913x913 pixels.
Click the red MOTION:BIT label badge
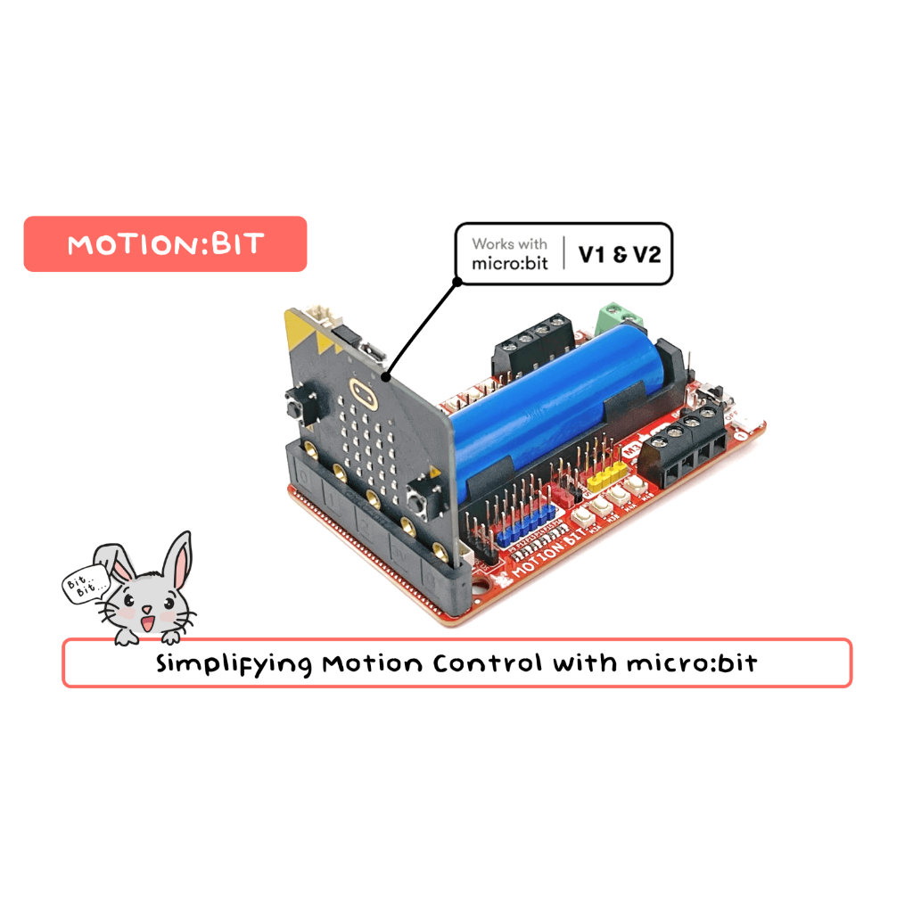click(x=165, y=243)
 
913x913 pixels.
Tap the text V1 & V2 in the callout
click(x=620, y=254)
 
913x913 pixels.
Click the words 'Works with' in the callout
click(x=509, y=243)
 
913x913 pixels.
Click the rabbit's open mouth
click(x=147, y=620)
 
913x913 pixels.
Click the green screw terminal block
click(x=618, y=317)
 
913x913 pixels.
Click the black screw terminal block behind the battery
click(x=533, y=343)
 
